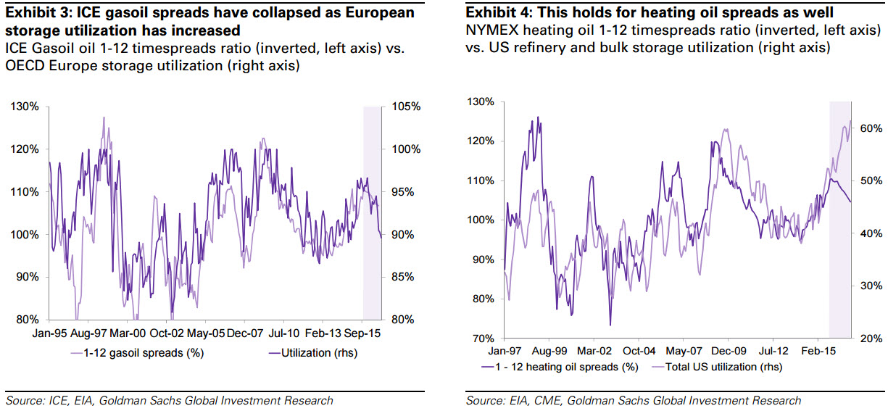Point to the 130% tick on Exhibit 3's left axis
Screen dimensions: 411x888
pyautogui.click(x=25, y=107)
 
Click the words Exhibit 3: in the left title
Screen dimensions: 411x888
pyautogui.click(x=32, y=13)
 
